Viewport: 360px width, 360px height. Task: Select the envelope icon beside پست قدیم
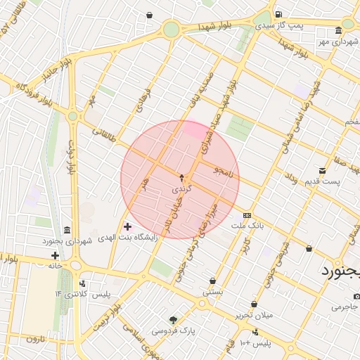(x=322, y=171)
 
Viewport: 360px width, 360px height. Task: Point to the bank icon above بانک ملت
(x=246, y=215)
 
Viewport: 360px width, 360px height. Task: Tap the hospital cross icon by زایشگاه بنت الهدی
(x=127, y=226)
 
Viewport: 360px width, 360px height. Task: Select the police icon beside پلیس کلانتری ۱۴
(x=83, y=283)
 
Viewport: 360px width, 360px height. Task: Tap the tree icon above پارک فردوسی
(x=173, y=319)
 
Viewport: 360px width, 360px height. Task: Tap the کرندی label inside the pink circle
(x=181, y=190)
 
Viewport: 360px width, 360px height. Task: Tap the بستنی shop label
(x=212, y=291)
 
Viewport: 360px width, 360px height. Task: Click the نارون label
(x=35, y=339)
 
